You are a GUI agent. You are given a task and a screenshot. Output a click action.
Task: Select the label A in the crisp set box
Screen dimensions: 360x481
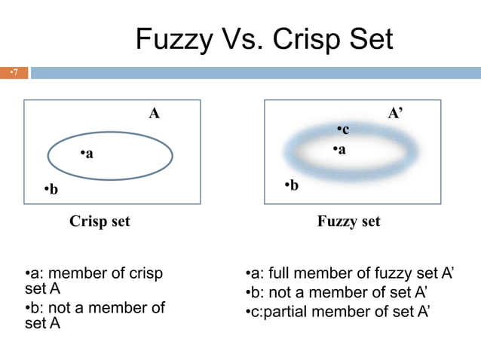click(x=154, y=114)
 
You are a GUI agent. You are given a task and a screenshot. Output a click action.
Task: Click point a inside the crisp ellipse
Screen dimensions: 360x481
click(x=87, y=154)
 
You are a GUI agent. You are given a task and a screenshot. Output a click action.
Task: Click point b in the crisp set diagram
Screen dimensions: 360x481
click(x=51, y=189)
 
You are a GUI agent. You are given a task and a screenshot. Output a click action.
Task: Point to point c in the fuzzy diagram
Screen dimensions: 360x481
click(x=342, y=130)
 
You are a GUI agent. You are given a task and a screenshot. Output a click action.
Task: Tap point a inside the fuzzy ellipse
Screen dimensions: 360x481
click(x=339, y=150)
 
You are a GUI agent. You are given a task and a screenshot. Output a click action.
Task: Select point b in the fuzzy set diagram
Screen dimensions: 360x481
click(x=291, y=185)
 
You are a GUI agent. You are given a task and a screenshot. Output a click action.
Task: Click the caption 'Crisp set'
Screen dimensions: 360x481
click(x=100, y=221)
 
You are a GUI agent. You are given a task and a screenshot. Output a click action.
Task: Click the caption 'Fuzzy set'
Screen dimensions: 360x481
click(x=348, y=221)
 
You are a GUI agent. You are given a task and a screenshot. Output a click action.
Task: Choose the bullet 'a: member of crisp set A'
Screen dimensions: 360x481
click(x=93, y=280)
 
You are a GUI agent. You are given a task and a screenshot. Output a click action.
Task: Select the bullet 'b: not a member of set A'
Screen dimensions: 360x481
click(x=94, y=315)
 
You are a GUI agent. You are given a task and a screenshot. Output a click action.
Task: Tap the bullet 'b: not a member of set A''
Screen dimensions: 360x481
click(x=338, y=292)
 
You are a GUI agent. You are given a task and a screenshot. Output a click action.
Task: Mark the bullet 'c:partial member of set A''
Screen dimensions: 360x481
click(x=338, y=311)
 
